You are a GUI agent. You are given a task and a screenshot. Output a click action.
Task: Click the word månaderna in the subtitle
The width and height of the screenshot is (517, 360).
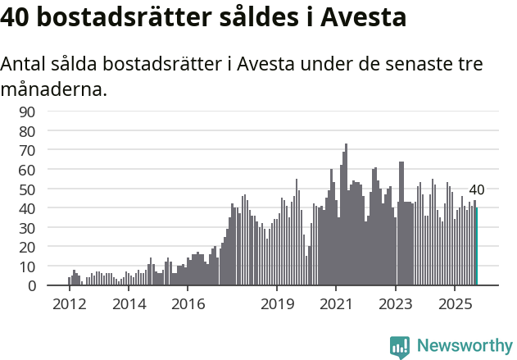54,89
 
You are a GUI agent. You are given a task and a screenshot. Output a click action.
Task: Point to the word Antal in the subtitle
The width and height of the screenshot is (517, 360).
25,64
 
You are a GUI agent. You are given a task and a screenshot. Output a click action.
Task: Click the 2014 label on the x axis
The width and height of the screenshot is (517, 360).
129,304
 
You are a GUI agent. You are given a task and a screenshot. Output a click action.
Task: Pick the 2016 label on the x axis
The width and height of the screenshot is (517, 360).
188,304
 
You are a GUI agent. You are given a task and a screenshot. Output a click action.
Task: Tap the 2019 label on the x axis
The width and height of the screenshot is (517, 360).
277,304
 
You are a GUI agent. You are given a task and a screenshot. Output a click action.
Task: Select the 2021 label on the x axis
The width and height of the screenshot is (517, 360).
337,304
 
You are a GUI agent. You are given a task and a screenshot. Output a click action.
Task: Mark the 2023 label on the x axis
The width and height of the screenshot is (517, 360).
396,304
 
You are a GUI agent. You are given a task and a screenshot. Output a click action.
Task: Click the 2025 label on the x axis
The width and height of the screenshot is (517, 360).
456,304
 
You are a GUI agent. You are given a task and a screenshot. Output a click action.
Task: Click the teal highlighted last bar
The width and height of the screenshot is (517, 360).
477,247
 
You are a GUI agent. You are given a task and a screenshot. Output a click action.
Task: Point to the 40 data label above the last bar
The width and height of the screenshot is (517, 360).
476,190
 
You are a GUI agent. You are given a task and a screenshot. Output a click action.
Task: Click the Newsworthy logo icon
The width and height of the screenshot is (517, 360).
400,346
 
